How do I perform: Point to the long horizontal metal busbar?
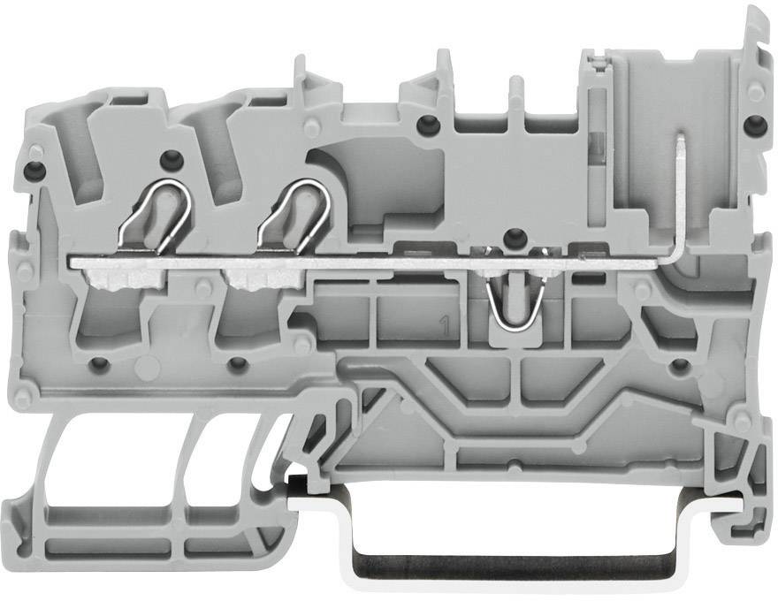(x=371, y=262)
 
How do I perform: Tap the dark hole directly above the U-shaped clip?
(x=510, y=235)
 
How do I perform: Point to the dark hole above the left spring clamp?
(x=171, y=160)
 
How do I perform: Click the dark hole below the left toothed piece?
(x=101, y=362)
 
